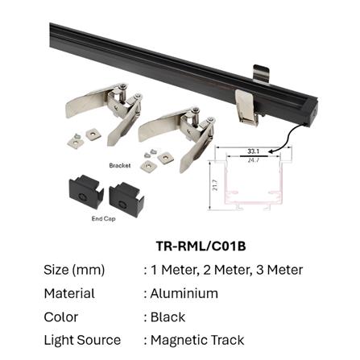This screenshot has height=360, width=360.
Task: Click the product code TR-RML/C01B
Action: (201, 246)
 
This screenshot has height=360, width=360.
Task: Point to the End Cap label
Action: (104, 217)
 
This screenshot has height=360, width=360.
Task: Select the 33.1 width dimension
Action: (252, 151)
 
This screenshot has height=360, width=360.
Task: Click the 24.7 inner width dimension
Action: (252, 159)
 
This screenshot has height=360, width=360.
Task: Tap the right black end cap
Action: (123, 195)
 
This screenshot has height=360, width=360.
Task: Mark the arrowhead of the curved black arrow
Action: (272, 149)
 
